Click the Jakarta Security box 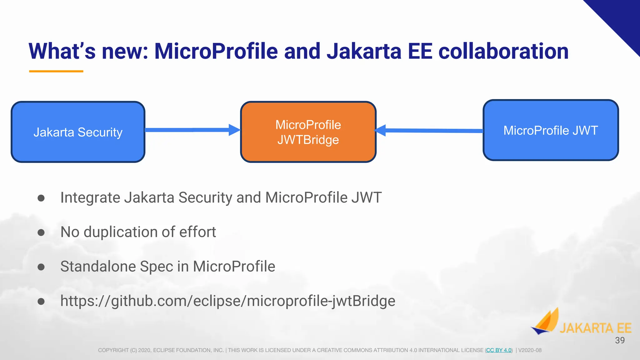pyautogui.click(x=78, y=132)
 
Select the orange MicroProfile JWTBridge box pyautogui.click(x=308, y=132)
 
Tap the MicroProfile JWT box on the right pyautogui.click(x=551, y=130)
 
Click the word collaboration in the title pyautogui.click(x=503, y=51)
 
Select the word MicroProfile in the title pyautogui.click(x=216, y=51)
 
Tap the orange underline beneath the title pyautogui.click(x=56, y=71)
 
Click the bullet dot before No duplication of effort pyautogui.click(x=41, y=232)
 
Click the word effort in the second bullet pyautogui.click(x=197, y=232)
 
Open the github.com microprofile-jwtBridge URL pyautogui.click(x=227, y=301)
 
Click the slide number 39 pyautogui.click(x=620, y=340)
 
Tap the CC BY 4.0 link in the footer pyautogui.click(x=499, y=350)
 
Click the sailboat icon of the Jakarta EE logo pyautogui.click(x=546, y=322)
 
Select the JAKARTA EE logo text pyautogui.click(x=595, y=328)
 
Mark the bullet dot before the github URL pyautogui.click(x=41, y=301)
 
